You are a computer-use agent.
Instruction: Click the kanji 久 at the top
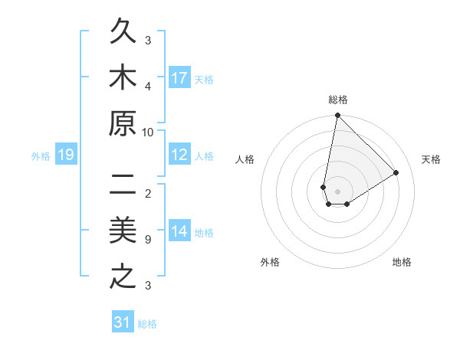pos(123,34)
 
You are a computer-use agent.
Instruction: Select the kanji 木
pos(123,80)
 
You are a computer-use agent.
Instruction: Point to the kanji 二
pos(123,186)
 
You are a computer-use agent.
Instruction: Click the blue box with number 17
pos(179,77)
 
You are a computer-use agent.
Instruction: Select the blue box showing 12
pos(179,155)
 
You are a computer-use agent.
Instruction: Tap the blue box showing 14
pos(179,231)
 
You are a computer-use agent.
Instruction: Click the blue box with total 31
pos(122,322)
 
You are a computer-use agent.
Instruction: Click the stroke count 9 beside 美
pos(147,240)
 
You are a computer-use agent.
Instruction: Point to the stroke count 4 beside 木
pos(148,87)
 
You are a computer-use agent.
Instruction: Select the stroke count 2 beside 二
pos(147,194)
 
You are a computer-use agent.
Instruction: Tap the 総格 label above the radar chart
pos(337,100)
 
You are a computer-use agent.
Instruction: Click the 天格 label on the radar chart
pos(432,159)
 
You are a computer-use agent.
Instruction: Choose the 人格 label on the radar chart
pos(245,159)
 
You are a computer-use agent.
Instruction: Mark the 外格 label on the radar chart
pos(270,262)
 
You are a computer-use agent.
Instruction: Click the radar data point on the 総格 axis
pos(337,116)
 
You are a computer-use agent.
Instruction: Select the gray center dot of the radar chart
pos(337,191)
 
